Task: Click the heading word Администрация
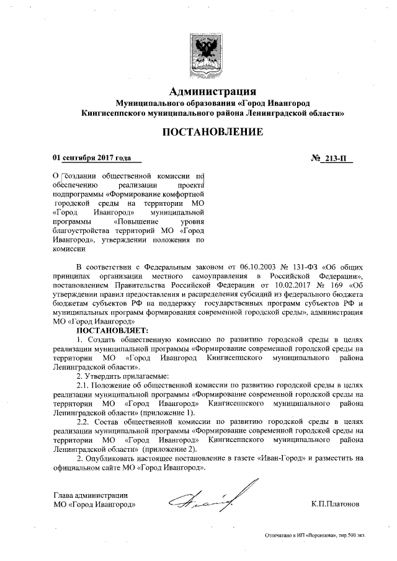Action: click(213, 92)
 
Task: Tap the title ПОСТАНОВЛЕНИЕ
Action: click(213, 132)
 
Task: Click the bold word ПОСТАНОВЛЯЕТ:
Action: click(109, 331)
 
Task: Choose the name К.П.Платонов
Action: click(336, 505)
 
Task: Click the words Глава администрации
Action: click(91, 495)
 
